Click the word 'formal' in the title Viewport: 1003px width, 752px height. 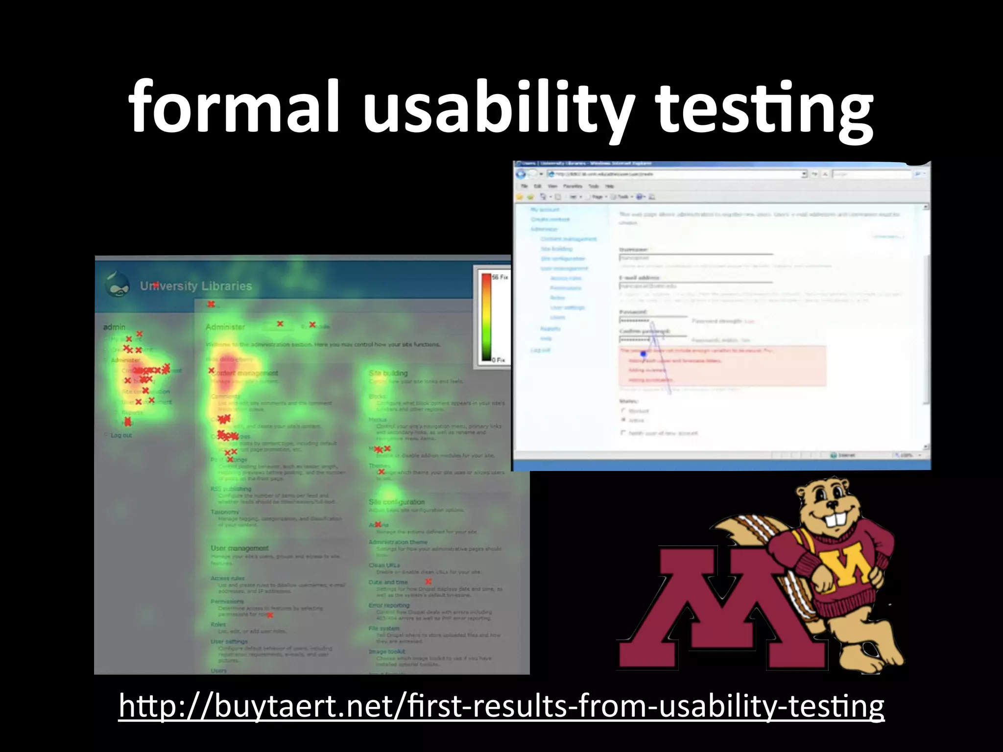[x=234, y=107]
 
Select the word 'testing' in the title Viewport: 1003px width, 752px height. [x=764, y=109]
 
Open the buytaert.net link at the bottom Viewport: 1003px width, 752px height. [x=501, y=706]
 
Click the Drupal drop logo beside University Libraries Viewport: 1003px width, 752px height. [x=118, y=285]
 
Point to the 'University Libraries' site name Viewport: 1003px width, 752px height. [x=196, y=286]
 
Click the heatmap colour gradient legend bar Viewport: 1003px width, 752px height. [x=486, y=317]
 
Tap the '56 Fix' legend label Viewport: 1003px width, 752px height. [x=500, y=277]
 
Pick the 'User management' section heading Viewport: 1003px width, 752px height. [x=239, y=548]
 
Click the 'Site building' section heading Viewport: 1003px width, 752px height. [x=388, y=373]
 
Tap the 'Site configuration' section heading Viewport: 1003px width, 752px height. [x=396, y=502]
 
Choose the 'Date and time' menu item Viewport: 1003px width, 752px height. [x=388, y=582]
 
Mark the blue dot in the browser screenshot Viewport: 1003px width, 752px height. [x=643, y=353]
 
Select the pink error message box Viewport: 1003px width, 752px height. [x=722, y=366]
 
